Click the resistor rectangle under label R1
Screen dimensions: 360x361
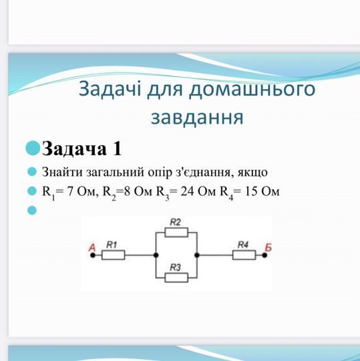pyautogui.click(x=113, y=255)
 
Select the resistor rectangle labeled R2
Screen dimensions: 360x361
pyautogui.click(x=176, y=232)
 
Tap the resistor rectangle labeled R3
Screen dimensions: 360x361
pyautogui.click(x=176, y=277)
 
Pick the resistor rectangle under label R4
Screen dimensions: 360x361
pyautogui.click(x=244, y=255)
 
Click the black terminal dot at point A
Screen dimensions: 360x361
pyautogui.click(x=93, y=255)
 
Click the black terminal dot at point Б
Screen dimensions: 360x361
pyautogui.click(x=264, y=255)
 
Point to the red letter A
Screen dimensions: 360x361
pyautogui.click(x=92, y=247)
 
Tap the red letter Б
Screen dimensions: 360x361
pyautogui.click(x=268, y=247)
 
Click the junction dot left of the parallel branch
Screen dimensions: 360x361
pyautogui.click(x=156, y=255)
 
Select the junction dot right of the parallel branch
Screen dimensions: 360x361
pyautogui.click(x=197, y=255)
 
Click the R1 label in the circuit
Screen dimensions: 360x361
pyautogui.click(x=112, y=245)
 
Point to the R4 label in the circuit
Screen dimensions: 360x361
pyautogui.click(x=243, y=245)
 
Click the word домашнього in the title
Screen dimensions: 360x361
pyautogui.click(x=252, y=90)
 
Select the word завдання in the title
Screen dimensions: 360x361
pyautogui.click(x=197, y=118)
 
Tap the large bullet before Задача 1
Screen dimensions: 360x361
pyautogui.click(x=33, y=148)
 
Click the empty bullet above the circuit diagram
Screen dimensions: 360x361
pyautogui.click(x=32, y=210)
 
